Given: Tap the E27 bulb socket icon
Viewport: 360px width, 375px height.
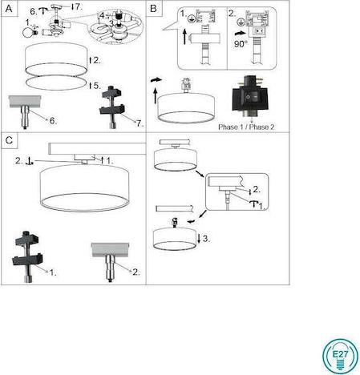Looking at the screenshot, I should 338,353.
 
